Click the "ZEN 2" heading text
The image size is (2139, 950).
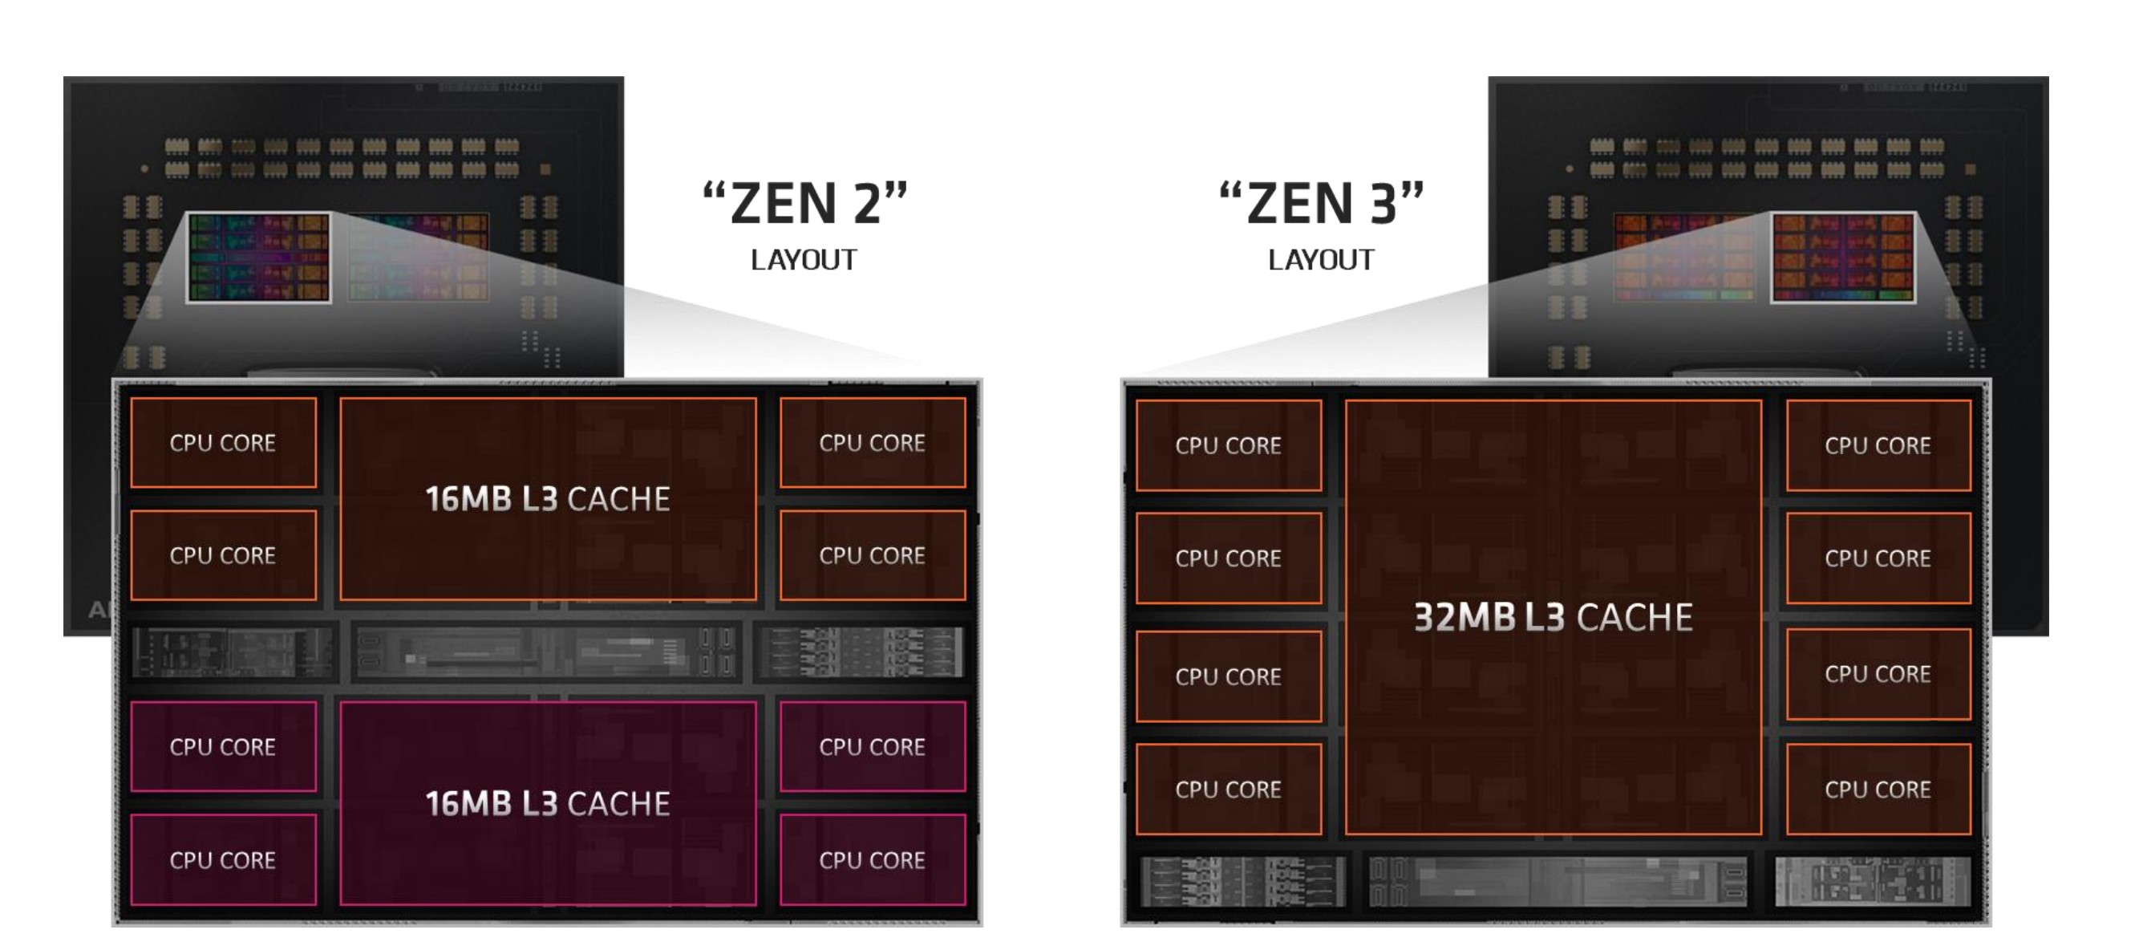pos(804,204)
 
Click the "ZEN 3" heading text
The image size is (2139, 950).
pos(1321,204)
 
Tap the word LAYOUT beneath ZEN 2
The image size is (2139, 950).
pos(803,260)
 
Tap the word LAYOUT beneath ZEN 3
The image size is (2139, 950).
pos(1320,260)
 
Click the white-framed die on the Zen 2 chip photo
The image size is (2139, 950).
pos(258,258)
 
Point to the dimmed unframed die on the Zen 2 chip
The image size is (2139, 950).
pos(418,258)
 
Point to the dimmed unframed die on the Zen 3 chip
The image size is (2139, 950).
pos(1684,258)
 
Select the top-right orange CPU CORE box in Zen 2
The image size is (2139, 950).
pos(872,443)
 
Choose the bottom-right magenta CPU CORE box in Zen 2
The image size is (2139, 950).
pos(872,859)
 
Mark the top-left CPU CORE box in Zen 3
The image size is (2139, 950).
pos(1228,446)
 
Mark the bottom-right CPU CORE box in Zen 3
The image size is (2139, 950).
pos(1878,789)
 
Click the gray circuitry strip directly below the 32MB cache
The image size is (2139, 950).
pos(1556,881)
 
